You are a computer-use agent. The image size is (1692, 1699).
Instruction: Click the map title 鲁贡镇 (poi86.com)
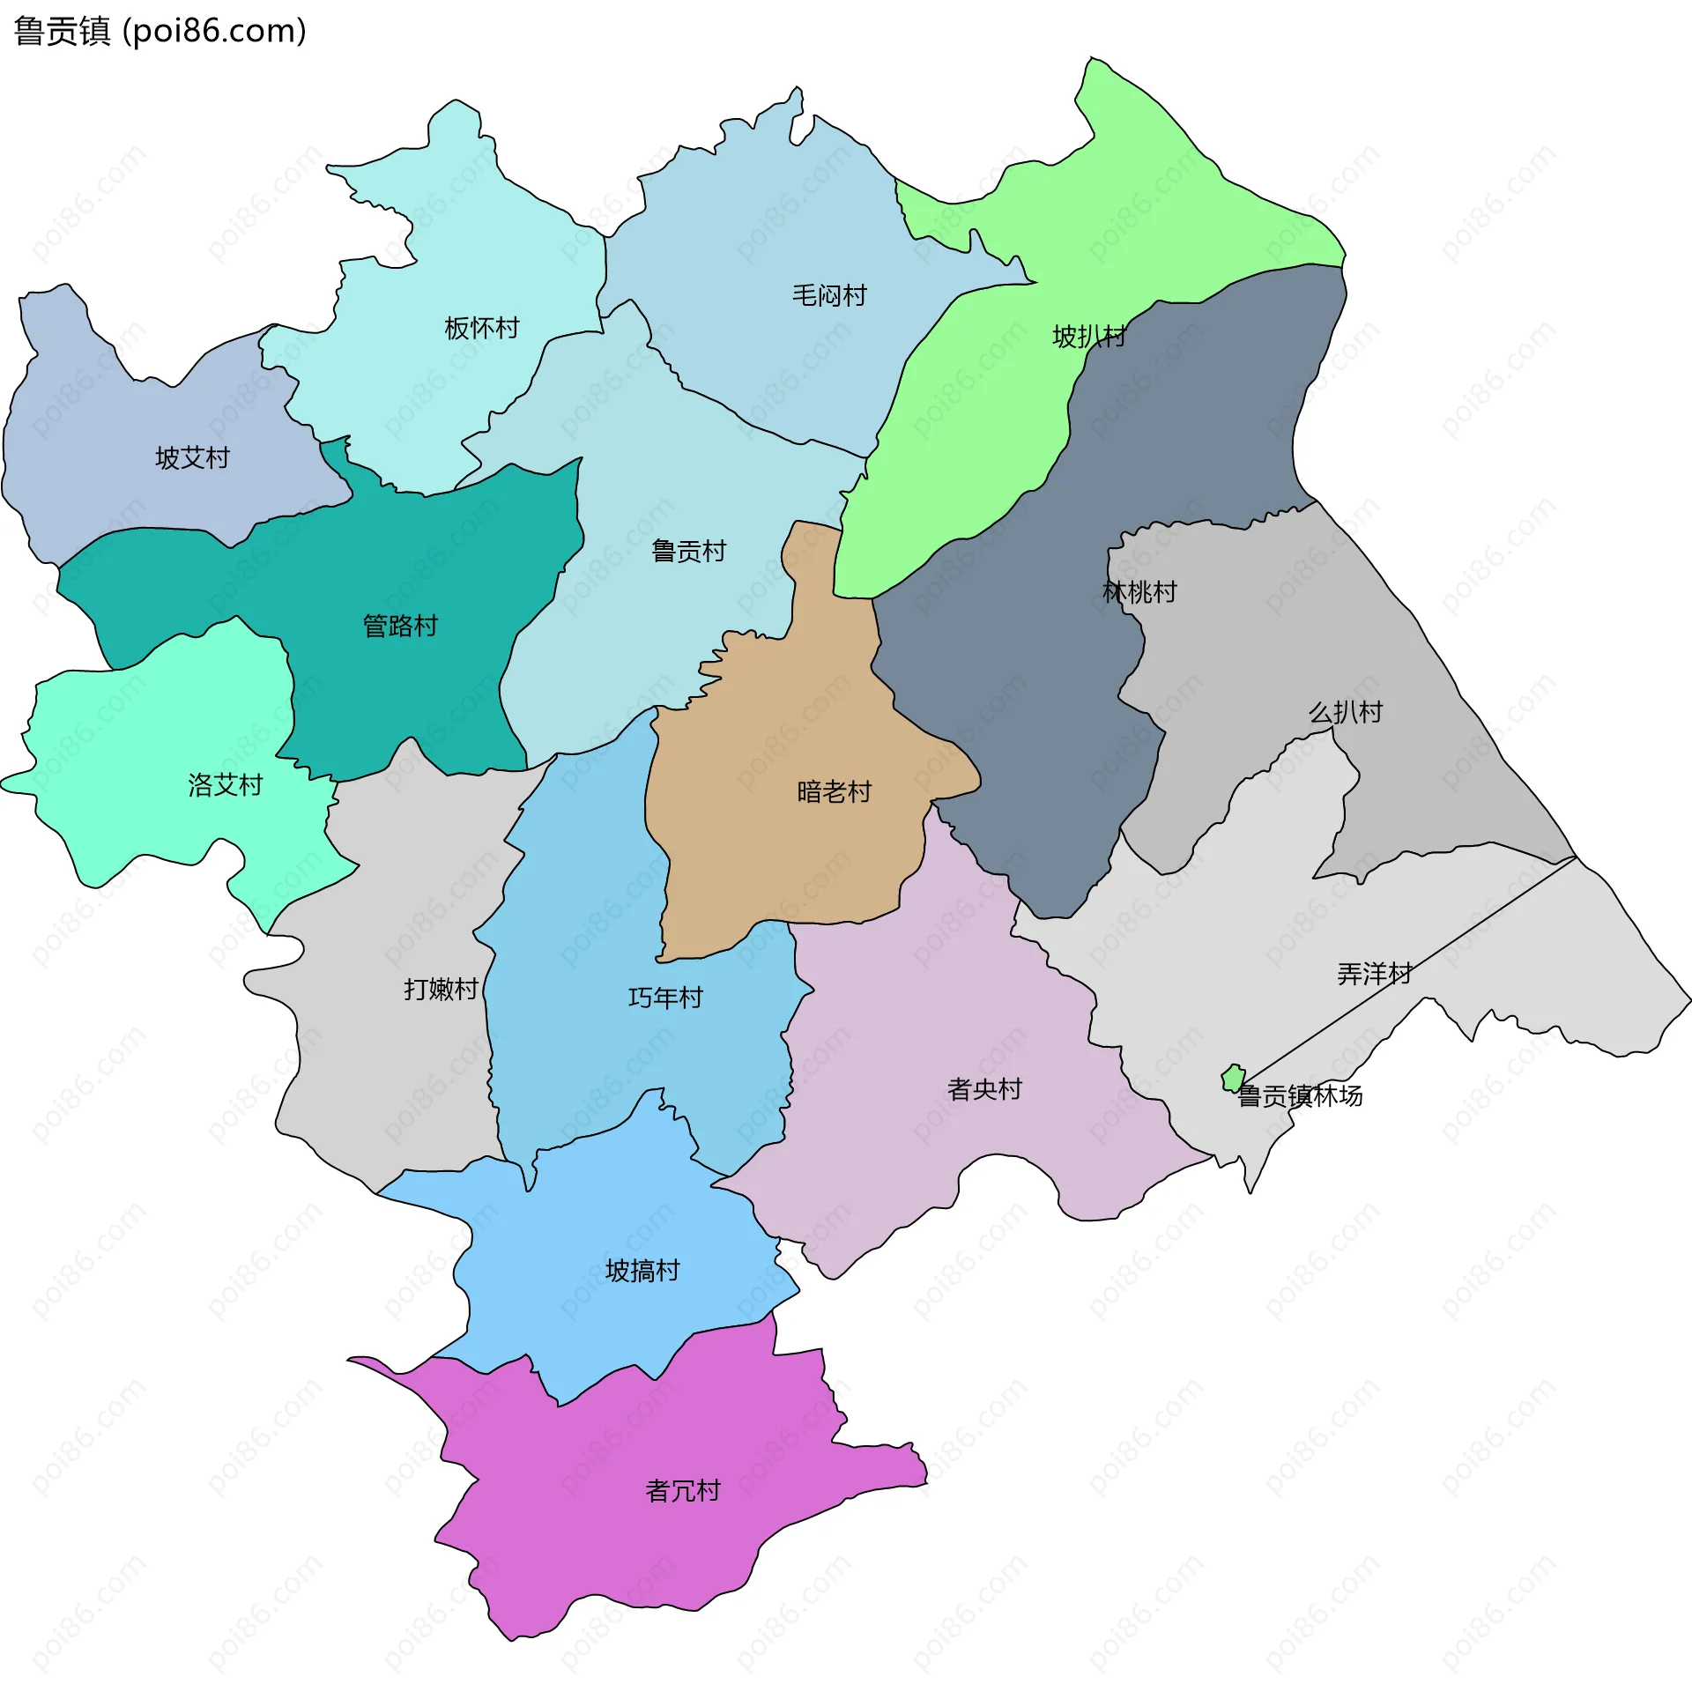[160, 32]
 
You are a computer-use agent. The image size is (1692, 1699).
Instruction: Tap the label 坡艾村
[192, 458]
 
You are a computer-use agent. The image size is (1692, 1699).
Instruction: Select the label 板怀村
[482, 329]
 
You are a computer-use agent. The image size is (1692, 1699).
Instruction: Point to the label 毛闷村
[829, 295]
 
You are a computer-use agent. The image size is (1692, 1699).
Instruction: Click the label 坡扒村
[1089, 337]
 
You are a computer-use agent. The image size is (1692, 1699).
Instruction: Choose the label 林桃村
[1139, 592]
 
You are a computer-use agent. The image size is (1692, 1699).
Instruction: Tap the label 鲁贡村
[688, 552]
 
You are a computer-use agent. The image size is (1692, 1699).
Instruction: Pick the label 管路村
[401, 627]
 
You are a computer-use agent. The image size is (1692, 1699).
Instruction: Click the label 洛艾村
[226, 785]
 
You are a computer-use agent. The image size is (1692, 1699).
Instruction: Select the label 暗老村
[834, 792]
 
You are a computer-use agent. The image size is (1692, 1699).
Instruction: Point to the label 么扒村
[1346, 712]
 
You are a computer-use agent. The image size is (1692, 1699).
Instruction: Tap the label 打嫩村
[441, 990]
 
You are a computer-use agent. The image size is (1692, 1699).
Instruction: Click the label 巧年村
[665, 998]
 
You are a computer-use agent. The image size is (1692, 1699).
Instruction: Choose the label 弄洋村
[1375, 974]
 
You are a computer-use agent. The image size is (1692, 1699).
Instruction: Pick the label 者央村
[984, 1090]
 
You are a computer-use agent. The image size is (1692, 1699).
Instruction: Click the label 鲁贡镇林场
[1301, 1096]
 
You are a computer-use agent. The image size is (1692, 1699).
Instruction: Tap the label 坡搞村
[642, 1271]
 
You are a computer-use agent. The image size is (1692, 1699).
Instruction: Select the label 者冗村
[683, 1491]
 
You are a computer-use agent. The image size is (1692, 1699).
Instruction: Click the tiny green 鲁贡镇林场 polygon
[1233, 1078]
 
